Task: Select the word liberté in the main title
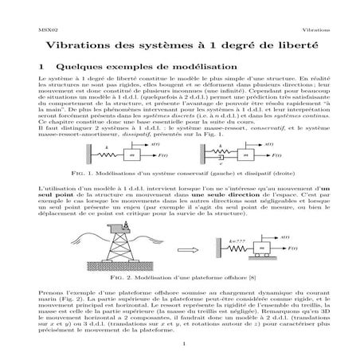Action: point(289,47)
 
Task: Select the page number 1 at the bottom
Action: point(181,344)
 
